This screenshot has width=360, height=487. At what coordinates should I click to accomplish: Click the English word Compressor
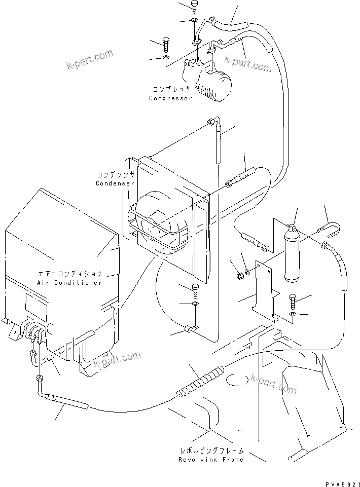point(170,98)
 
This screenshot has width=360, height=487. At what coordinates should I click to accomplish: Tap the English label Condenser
point(115,183)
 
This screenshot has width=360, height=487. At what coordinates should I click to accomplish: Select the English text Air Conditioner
point(69,283)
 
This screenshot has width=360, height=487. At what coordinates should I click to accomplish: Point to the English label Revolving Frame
point(211,460)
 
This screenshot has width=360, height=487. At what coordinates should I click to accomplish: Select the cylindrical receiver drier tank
point(294,256)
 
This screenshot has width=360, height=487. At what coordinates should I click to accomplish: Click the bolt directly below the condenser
point(196,290)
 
